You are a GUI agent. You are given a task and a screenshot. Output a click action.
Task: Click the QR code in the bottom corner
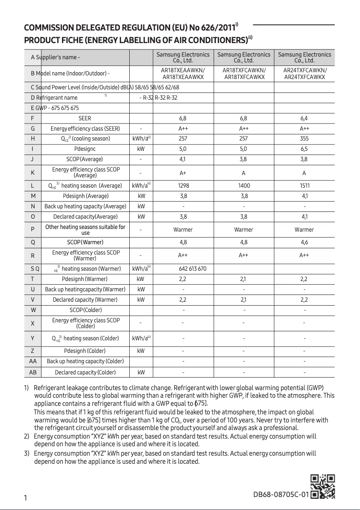pos(323,487)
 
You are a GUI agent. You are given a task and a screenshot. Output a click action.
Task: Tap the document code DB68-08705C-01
pos(281,495)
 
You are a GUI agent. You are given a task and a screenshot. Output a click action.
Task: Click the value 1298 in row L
pos(183,185)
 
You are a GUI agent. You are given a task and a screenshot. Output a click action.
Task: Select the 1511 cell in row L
pos(304,185)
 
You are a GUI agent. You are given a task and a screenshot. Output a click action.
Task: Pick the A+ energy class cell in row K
pos(183,173)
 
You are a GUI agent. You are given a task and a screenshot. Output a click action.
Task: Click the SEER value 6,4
pos(304,119)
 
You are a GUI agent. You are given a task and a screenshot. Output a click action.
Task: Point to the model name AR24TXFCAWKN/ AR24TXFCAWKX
pos(305,74)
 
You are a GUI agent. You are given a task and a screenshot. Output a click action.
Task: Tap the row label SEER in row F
pos(85,119)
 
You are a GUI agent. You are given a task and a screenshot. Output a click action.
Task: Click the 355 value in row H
pos(304,139)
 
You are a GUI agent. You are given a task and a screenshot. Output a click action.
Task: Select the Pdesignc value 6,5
pos(304,149)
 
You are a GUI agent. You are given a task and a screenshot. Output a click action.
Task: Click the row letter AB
pos(33,372)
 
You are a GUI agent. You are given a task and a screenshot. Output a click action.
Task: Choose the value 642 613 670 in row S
pos(193,269)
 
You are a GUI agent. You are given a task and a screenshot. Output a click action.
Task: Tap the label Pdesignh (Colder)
pos(85,351)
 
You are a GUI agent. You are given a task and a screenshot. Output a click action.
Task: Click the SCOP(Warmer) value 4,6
pos(304,242)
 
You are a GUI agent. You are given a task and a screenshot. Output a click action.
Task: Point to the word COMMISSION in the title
pos(51,28)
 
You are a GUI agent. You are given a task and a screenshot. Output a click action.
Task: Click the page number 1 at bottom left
pos(26,498)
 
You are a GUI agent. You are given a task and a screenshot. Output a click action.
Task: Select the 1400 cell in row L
pos(244,185)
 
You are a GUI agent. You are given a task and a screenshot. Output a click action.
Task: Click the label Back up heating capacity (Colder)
pos(85,361)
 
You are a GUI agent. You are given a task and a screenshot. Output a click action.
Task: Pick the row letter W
pos(33,310)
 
